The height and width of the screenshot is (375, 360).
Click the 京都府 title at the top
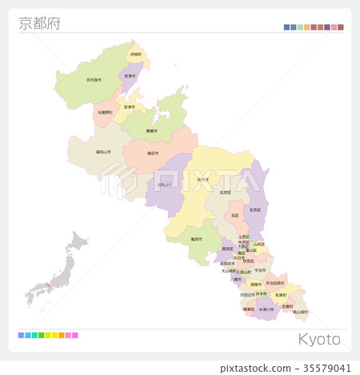[39, 23]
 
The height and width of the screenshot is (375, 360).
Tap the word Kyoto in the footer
[319, 339]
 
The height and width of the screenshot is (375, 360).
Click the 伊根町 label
[136, 54]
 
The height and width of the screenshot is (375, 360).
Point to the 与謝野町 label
[105, 113]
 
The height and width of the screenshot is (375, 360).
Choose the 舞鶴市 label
[150, 130]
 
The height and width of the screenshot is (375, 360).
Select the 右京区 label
[226, 192]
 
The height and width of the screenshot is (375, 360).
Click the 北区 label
[234, 215]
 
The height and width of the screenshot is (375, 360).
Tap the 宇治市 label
[260, 270]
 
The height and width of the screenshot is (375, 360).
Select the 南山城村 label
[300, 312]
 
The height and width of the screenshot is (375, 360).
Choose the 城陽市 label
[255, 284]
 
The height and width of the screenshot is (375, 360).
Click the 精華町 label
[248, 309]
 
